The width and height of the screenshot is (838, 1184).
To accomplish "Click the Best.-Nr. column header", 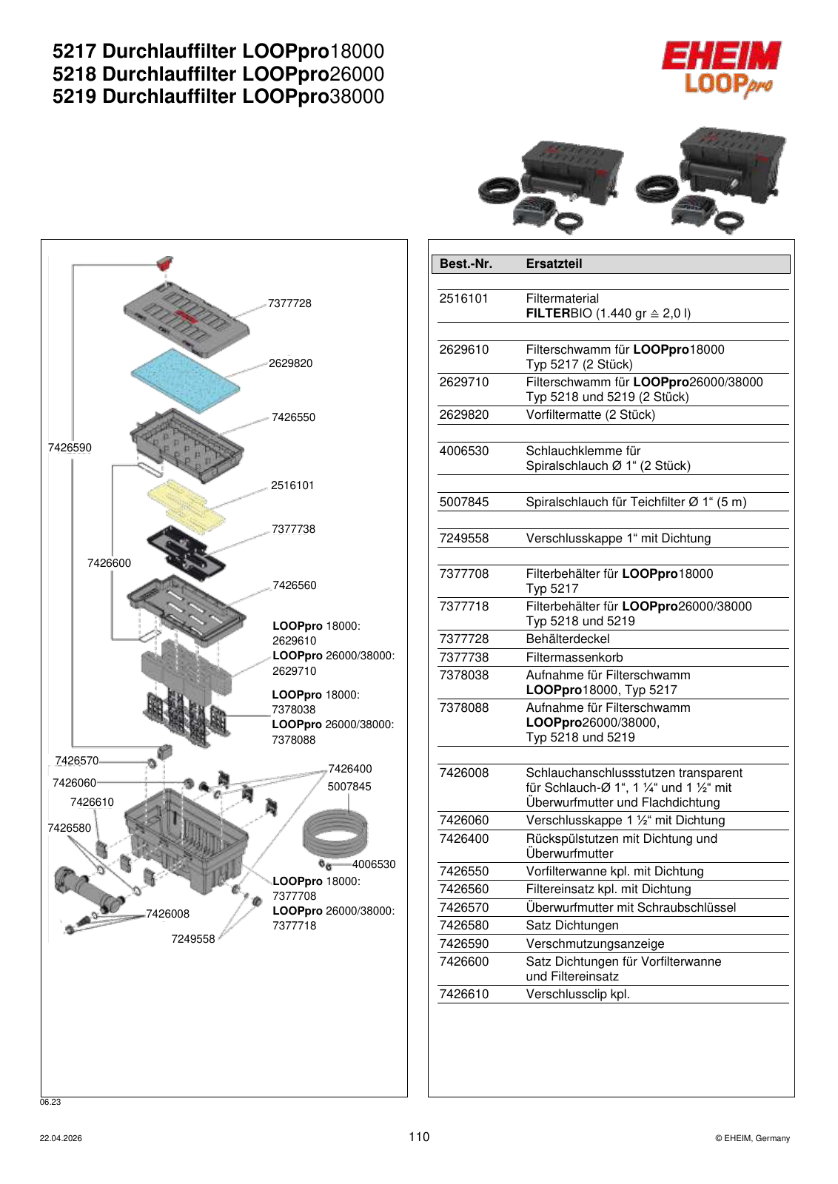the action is [466, 263].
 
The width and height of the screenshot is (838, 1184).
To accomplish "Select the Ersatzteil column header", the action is [554, 263].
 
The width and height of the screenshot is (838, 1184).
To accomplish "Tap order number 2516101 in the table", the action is [463, 299].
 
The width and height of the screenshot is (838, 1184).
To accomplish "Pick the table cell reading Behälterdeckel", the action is [567, 639].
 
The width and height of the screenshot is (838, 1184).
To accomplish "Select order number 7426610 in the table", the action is [463, 995].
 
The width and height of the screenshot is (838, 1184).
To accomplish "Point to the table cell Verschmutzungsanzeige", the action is [594, 944].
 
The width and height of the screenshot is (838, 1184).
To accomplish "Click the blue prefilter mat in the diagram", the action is [185, 380].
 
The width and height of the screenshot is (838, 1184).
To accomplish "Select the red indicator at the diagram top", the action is [165, 263].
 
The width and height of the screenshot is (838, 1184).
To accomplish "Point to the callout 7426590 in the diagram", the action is [70, 448].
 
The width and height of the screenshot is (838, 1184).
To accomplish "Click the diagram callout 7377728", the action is [289, 303].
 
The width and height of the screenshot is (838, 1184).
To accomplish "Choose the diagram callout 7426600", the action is [109, 563].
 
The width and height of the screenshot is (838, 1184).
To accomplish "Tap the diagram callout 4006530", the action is [374, 864].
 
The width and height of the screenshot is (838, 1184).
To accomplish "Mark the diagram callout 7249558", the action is [193, 939].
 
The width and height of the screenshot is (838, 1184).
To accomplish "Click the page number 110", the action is [419, 1137].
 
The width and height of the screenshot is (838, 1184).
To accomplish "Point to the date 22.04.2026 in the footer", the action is [61, 1139].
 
